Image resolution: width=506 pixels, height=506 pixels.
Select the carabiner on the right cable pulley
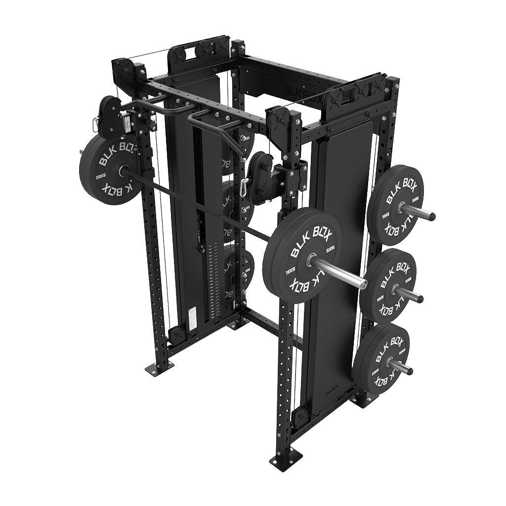point(244,188)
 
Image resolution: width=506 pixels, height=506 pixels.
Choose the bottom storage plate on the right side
point(381,355)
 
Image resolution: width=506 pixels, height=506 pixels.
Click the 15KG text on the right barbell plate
point(290,273)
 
